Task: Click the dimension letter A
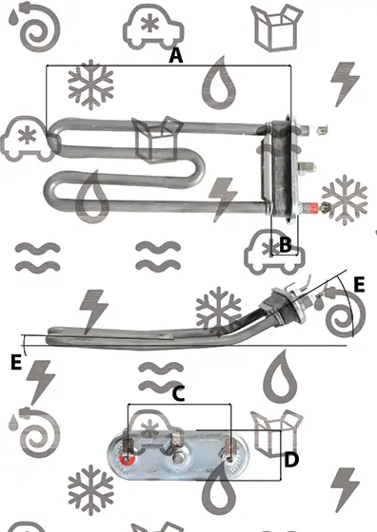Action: [176, 56]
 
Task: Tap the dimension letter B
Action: [286, 244]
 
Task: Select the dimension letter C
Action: [178, 394]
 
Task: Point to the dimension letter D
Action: [291, 460]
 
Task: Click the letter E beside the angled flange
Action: [359, 284]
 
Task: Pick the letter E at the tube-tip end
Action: [16, 362]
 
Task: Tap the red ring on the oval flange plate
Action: [128, 460]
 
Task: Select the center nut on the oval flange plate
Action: [177, 458]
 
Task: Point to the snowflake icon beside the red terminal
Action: [345, 199]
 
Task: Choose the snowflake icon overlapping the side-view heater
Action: [219, 312]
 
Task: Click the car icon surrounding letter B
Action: [274, 252]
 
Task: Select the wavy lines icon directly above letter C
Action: [161, 376]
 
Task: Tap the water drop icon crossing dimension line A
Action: [219, 83]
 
